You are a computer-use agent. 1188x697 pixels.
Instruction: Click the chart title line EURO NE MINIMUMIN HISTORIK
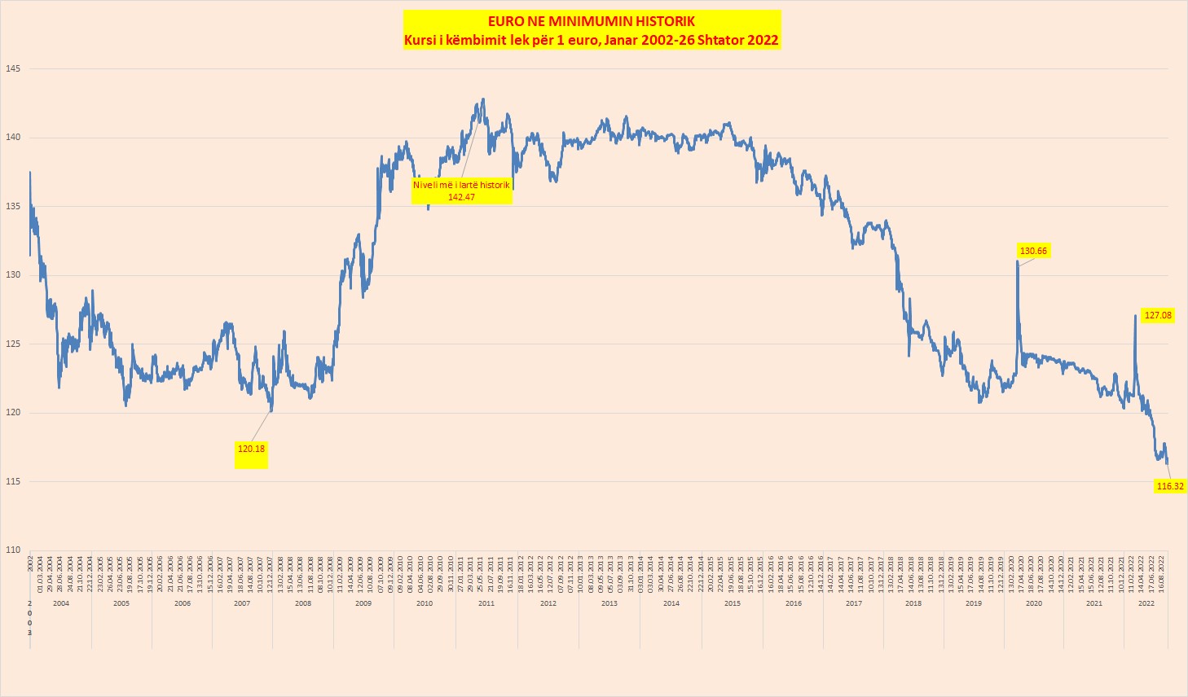[592, 21]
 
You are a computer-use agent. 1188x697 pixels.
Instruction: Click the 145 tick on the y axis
[13, 68]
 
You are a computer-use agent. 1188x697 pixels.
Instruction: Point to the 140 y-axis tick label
[13, 138]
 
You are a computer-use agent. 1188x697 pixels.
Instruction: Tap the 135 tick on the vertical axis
[13, 206]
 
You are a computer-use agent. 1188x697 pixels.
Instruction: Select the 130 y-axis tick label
[13, 275]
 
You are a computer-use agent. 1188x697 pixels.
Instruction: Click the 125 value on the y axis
[13, 344]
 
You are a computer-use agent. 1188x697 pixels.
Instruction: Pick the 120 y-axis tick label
[13, 413]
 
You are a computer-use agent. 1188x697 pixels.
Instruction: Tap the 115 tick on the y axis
[13, 481]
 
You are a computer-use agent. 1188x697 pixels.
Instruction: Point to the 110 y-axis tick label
[13, 550]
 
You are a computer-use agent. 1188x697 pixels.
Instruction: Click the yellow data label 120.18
[251, 449]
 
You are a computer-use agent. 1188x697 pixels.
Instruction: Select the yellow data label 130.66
[1033, 251]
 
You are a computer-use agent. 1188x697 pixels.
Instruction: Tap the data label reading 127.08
[1157, 315]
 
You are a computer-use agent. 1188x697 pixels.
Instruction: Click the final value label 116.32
[1170, 486]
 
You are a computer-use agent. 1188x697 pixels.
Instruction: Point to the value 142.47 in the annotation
[461, 196]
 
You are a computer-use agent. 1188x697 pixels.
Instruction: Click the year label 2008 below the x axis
[303, 603]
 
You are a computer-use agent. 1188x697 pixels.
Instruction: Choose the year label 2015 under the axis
[732, 603]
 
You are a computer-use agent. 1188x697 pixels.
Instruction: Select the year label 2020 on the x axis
[1033, 603]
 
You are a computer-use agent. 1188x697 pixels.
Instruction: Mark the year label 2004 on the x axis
[60, 603]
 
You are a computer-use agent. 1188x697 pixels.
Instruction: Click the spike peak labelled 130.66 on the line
[1017, 261]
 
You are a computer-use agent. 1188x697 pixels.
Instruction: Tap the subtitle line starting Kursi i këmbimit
[592, 40]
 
